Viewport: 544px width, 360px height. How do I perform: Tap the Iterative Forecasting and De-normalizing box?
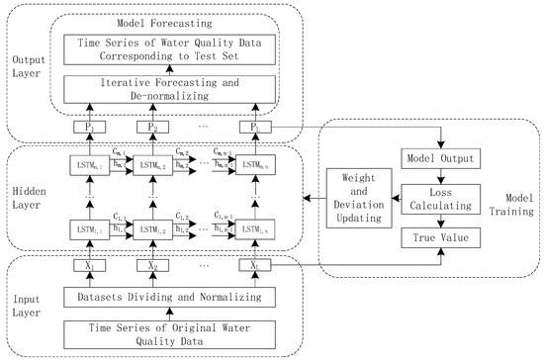click(x=176, y=89)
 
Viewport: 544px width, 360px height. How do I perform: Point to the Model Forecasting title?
click(x=176, y=22)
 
